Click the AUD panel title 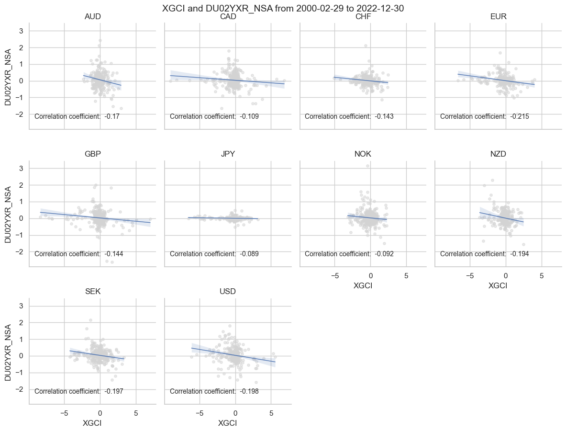[x=92, y=17]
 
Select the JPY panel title [x=228, y=154]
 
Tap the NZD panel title [x=498, y=154]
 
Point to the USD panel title [x=228, y=292]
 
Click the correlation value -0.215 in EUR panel [x=520, y=116]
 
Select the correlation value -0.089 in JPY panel [x=249, y=254]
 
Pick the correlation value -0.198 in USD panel [x=249, y=391]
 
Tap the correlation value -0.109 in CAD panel [x=249, y=116]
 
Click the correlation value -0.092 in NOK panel [x=384, y=254]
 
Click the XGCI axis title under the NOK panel [x=363, y=286]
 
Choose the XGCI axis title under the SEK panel [x=92, y=423]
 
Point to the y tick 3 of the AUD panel [x=21, y=31]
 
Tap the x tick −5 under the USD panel [x=200, y=413]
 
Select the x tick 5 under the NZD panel [x=542, y=276]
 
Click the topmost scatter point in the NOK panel [x=367, y=166]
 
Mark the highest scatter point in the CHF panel [x=366, y=46]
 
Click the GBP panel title [x=92, y=154]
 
